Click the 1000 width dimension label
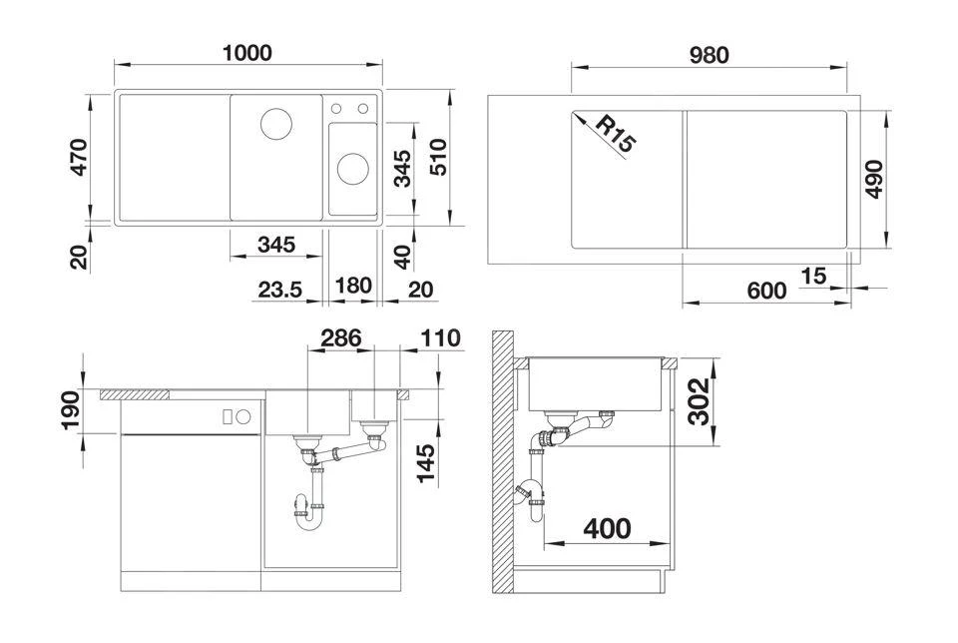(246, 53)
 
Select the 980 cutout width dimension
(709, 56)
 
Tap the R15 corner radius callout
(616, 134)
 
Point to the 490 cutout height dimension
(875, 179)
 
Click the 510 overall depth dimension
(439, 157)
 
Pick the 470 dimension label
(80, 157)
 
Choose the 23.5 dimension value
(279, 290)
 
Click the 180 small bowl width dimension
(353, 286)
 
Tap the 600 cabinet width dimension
(766, 291)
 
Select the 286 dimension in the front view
(341, 337)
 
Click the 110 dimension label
(440, 338)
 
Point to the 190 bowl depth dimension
(71, 410)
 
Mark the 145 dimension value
(426, 463)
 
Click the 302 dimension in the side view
(699, 401)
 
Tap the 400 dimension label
(607, 529)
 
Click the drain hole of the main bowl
(276, 124)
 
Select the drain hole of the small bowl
(353, 169)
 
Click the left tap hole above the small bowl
(336, 109)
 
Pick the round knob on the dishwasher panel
(243, 416)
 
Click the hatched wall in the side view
(503, 462)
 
